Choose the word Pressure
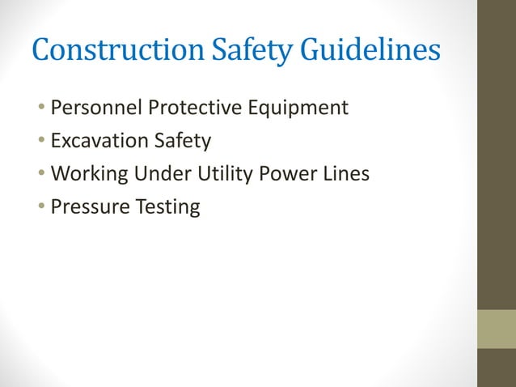pyautogui.click(x=87, y=206)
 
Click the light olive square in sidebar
pyautogui.click(x=497, y=329)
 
